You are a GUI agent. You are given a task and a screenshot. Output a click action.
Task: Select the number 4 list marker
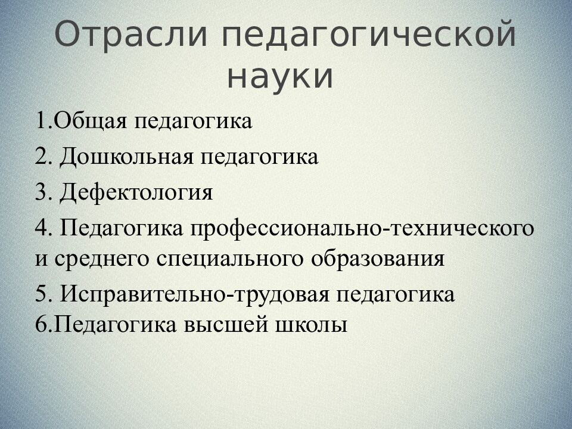[x=41, y=229]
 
